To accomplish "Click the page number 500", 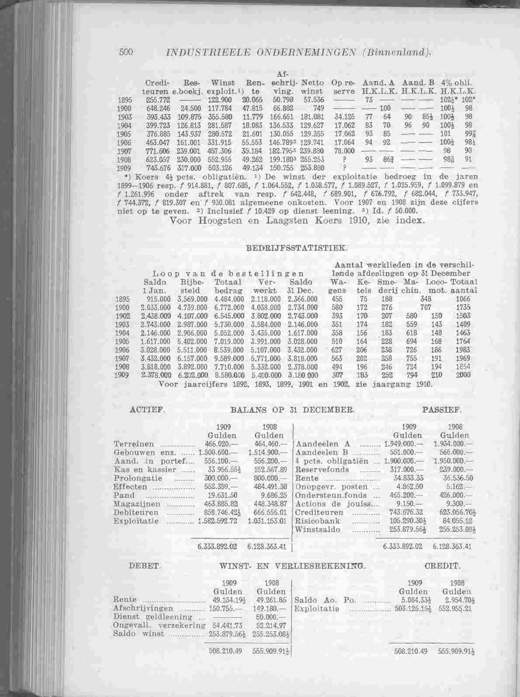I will click(x=126, y=51).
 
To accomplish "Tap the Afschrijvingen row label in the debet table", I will click(x=143, y=608).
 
